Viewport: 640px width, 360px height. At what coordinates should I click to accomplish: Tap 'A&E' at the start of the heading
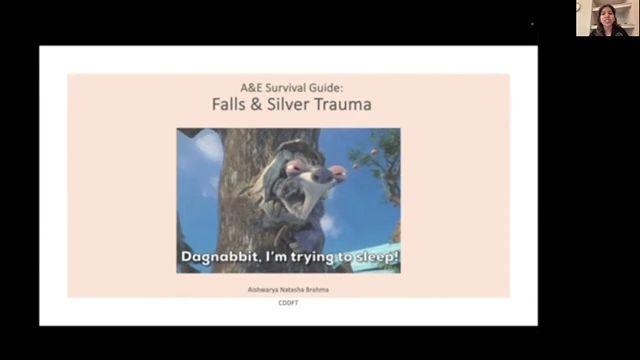(x=244, y=86)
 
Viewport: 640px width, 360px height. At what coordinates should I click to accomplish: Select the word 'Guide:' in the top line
(x=326, y=86)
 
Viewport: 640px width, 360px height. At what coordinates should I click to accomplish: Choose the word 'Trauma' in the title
(x=357, y=104)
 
